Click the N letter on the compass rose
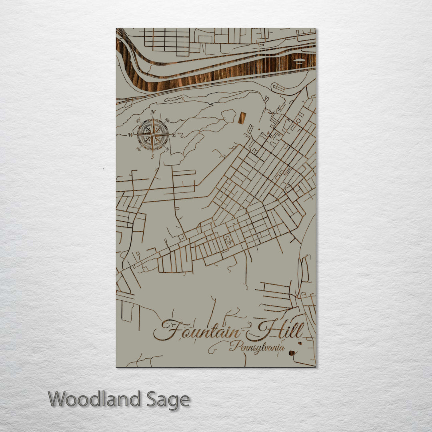(x=152, y=112)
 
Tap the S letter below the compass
(x=152, y=156)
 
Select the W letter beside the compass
(x=130, y=135)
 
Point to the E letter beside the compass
(x=174, y=135)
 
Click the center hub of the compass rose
(x=152, y=135)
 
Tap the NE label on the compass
(x=167, y=121)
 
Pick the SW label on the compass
(x=138, y=149)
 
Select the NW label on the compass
(x=138, y=121)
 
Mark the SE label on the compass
(x=167, y=149)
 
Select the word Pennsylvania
(x=257, y=347)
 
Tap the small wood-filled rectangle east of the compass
(x=242, y=118)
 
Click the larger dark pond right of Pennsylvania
(x=292, y=353)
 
